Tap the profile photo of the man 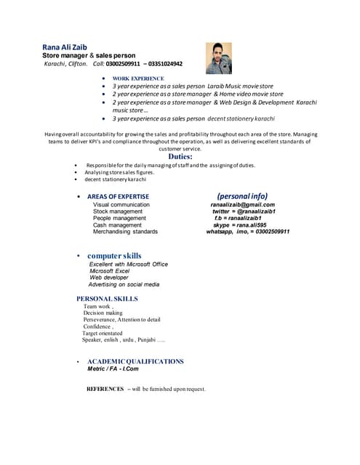219,58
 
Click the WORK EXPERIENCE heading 138,78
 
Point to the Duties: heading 180,156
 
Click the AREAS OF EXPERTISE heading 118,197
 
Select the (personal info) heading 242,196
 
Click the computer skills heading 114,256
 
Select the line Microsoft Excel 114,271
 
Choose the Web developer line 109,278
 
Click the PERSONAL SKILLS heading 107,299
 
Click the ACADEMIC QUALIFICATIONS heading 135,361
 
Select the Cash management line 117,225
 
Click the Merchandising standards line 125,232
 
